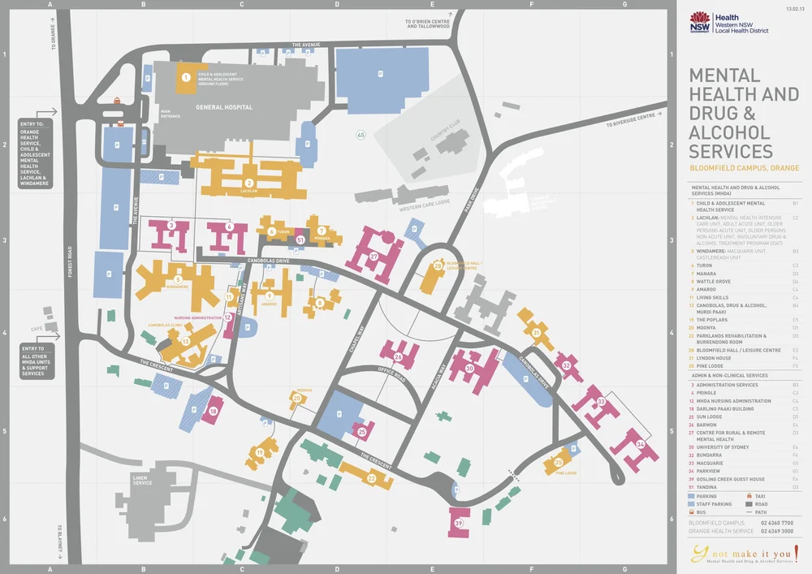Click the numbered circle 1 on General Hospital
click(x=186, y=78)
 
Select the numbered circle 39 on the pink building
click(x=459, y=524)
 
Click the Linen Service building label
click(x=142, y=481)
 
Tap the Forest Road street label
click(x=71, y=261)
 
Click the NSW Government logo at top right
click(x=699, y=22)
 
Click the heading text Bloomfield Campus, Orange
click(x=744, y=168)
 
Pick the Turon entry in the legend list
click(x=703, y=265)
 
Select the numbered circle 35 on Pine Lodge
click(x=559, y=462)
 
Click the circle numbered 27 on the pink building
click(x=374, y=257)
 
